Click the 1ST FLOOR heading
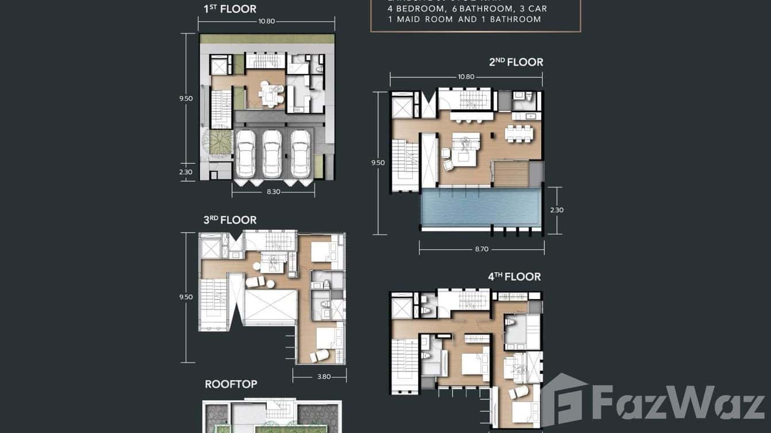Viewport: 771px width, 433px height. (230, 9)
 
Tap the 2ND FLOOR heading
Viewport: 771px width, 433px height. (516, 62)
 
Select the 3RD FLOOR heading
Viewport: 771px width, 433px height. (230, 220)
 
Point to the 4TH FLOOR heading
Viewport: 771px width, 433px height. (514, 277)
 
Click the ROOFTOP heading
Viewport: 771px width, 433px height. (231, 384)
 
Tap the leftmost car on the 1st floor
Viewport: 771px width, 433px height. (246, 153)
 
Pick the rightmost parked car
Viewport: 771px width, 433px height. (300, 153)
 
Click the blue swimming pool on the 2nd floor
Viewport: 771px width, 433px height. (480, 208)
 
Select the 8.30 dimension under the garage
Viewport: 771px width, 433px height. (273, 192)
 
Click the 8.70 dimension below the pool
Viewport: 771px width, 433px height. (481, 250)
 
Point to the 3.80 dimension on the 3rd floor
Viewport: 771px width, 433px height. (324, 377)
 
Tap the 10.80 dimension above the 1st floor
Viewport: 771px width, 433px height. (267, 21)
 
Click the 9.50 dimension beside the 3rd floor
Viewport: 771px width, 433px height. (186, 297)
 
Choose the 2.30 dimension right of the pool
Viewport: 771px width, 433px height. (557, 210)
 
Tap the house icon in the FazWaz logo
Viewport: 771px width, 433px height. (563, 400)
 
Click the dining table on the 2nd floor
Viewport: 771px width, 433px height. (519, 133)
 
